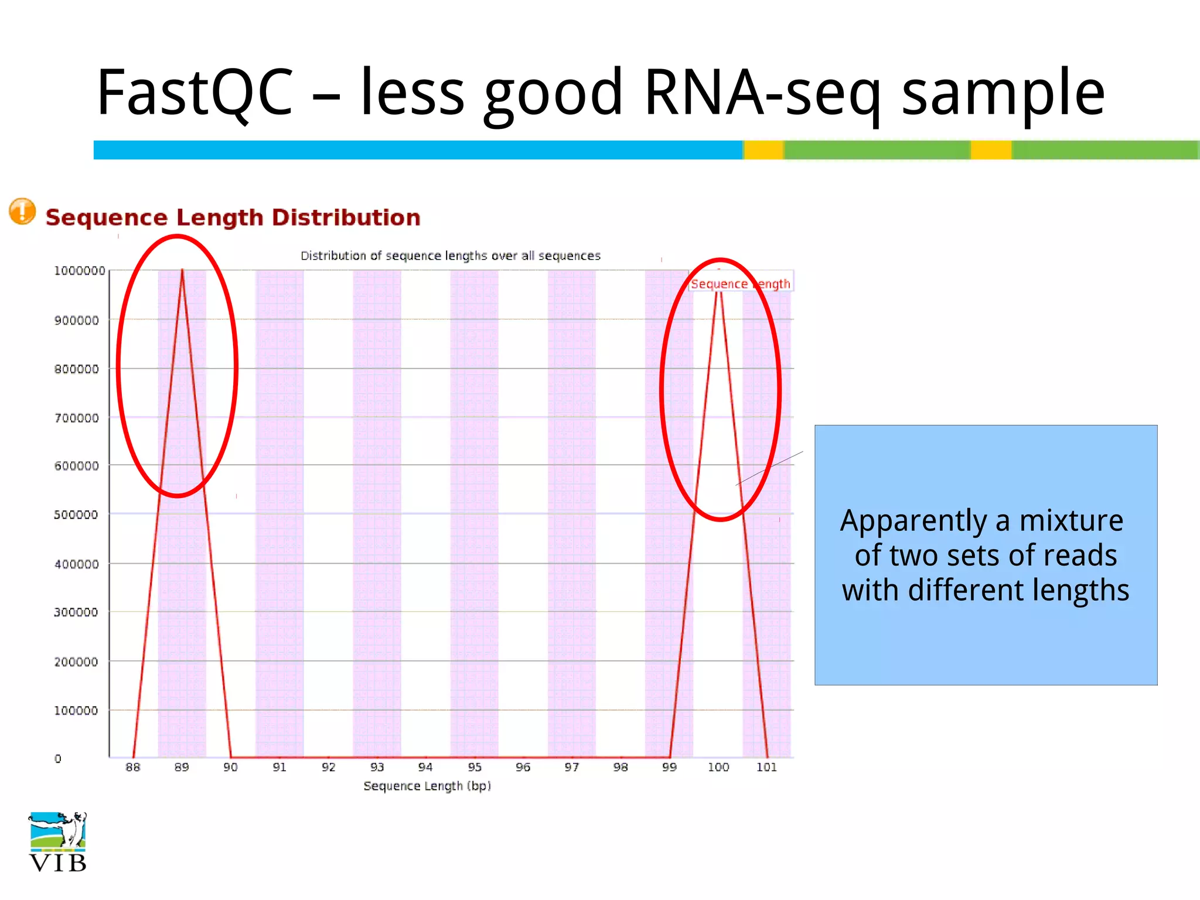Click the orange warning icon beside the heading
pos(22,212)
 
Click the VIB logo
pos(57,843)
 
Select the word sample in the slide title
pos(1003,93)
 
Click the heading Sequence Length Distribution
pos(233,217)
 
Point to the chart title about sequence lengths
pos(450,256)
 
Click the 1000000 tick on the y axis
pos(80,271)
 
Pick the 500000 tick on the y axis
pos(76,515)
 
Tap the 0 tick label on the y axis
pos(58,759)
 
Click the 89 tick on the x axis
pos(182,767)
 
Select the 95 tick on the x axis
pos(475,767)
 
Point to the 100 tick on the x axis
pos(718,767)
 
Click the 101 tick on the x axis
pos(766,767)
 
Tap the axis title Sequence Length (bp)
pos(427,786)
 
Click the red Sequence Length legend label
pos(740,284)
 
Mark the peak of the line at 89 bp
pos(182,271)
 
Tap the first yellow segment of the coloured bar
pos(763,150)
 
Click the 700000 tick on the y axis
pos(76,418)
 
